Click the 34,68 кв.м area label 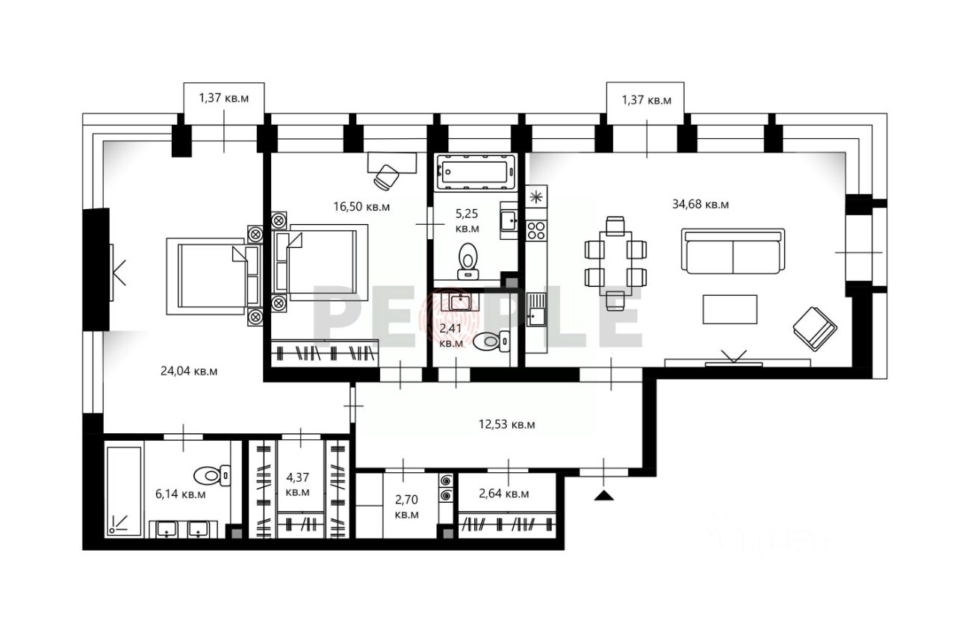point(700,204)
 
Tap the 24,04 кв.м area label point(189,370)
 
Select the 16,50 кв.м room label point(361,206)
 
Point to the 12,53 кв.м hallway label point(506,424)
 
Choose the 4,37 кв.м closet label point(298,485)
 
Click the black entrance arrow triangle point(604,495)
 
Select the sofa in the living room point(732,252)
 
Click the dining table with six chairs point(615,263)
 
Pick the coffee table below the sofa point(730,309)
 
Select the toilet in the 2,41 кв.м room point(492,341)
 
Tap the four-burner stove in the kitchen point(536,229)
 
